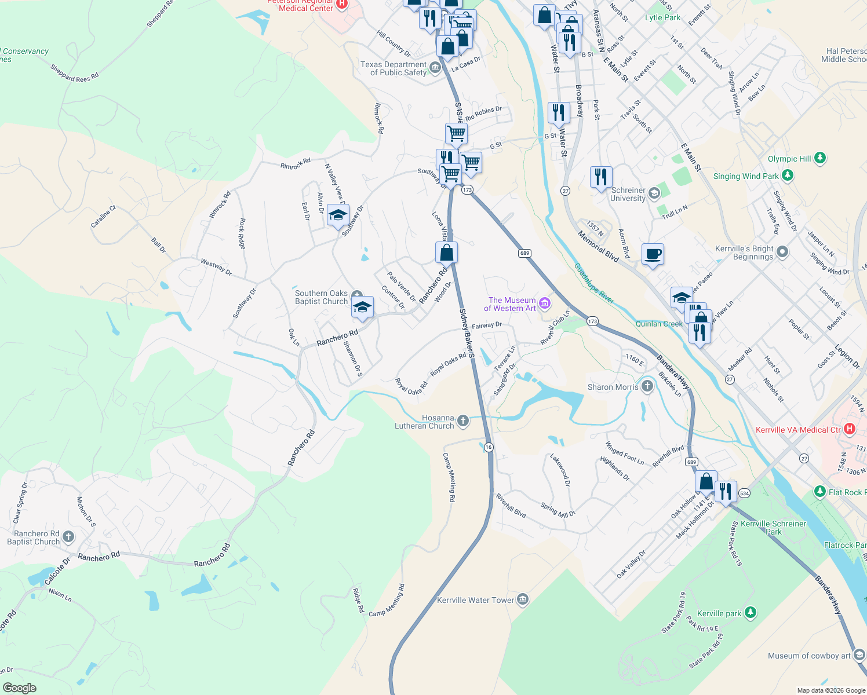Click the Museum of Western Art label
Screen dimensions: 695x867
point(512,304)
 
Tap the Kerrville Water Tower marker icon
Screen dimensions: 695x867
point(523,599)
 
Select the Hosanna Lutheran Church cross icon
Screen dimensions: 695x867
point(462,421)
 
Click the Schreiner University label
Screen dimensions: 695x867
point(628,194)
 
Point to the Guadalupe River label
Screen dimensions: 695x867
point(594,283)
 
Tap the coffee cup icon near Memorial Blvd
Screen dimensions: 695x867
point(653,254)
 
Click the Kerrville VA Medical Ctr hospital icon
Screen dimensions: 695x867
point(850,429)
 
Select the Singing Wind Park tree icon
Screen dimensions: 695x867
point(787,175)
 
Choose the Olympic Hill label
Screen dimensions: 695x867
point(789,159)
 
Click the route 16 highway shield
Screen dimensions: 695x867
point(489,447)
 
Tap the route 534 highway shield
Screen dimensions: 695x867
point(744,493)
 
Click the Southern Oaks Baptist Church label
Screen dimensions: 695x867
point(322,297)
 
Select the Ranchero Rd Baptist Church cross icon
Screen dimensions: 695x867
point(68,537)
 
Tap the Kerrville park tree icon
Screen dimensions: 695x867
point(751,613)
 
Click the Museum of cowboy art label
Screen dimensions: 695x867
point(810,656)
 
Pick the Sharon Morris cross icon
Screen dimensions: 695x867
point(647,386)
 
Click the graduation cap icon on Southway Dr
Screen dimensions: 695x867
point(338,215)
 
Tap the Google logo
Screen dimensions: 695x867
point(20,688)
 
